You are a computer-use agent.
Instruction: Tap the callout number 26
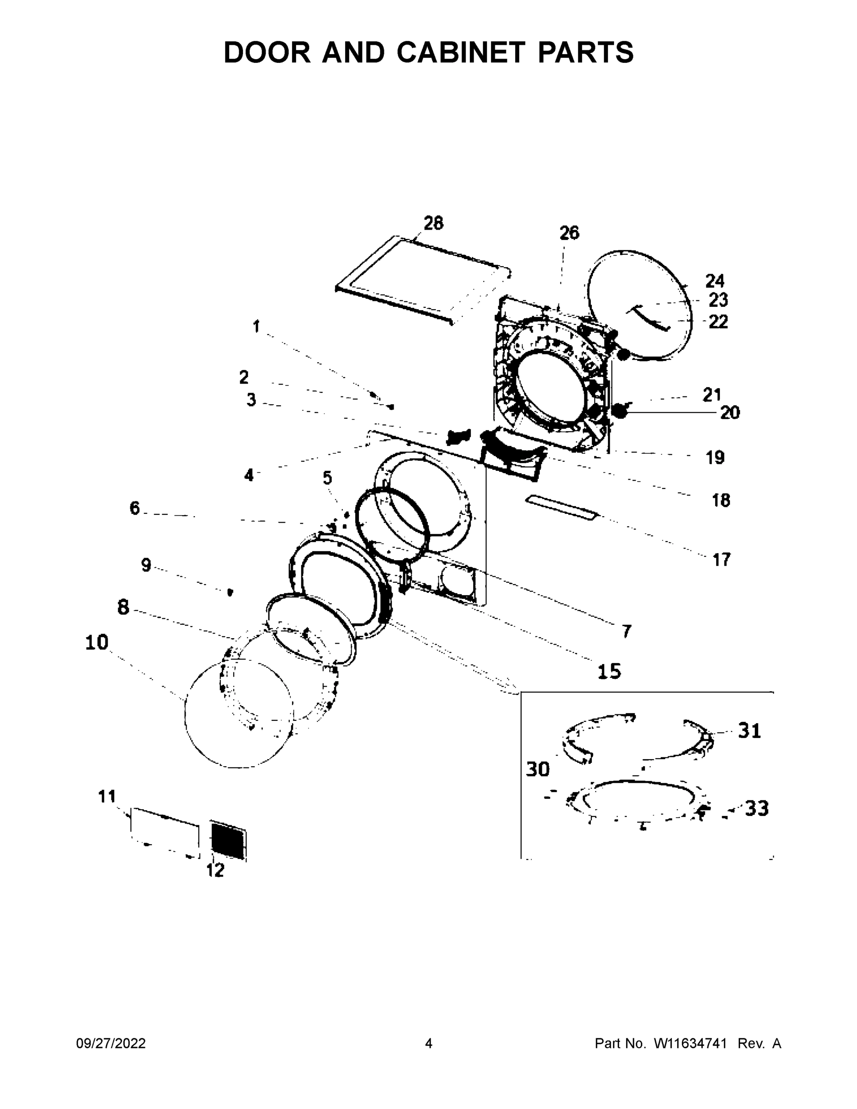click(569, 232)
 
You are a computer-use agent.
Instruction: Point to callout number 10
click(97, 642)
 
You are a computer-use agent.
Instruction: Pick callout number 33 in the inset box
click(756, 808)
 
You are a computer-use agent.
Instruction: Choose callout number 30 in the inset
click(538, 769)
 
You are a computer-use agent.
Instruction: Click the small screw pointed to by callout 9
click(230, 592)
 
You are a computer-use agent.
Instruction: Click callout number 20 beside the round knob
click(730, 413)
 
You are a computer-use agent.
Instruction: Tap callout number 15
click(609, 671)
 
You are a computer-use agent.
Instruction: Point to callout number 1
click(256, 327)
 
